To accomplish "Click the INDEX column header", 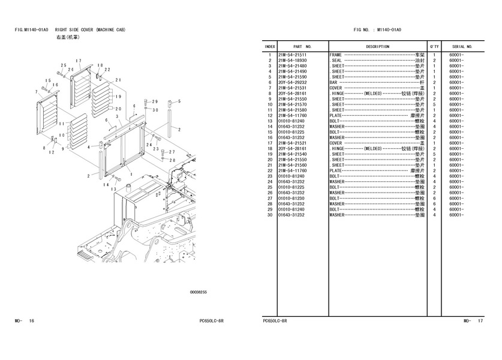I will point(270,46).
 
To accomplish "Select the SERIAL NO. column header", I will point(462,46).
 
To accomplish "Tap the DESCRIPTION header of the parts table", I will point(377,46).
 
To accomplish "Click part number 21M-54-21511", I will point(292,55).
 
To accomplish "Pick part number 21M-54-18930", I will point(292,61).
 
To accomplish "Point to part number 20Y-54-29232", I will point(292,83).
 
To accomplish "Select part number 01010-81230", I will point(292,198).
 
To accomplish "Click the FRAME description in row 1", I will point(336,55).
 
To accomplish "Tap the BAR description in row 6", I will point(333,83).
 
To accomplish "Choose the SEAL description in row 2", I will point(336,61).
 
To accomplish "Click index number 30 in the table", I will point(270,215).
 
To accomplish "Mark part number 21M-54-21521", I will point(292,143).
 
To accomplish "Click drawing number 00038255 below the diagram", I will point(199,292).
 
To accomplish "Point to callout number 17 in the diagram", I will point(79,62).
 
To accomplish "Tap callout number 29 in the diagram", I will point(155,101).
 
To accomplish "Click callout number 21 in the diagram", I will point(118,80).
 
